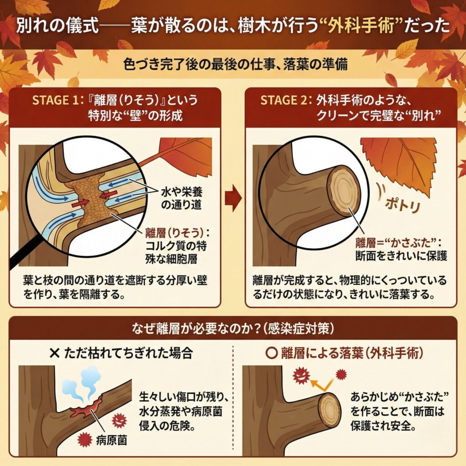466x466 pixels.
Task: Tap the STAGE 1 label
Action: coord(56,100)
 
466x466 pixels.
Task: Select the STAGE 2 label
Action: coord(284,100)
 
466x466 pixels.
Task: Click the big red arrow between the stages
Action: coord(233,198)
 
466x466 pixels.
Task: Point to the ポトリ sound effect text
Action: coord(403,204)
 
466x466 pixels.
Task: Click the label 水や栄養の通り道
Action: coord(181,198)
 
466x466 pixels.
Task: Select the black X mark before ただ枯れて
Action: coord(55,353)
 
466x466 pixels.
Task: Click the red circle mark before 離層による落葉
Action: coord(271,353)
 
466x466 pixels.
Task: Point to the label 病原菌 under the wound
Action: coord(111,440)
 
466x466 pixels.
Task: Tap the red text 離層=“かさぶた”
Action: coord(396,243)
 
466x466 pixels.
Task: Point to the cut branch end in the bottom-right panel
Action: coord(329,407)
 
